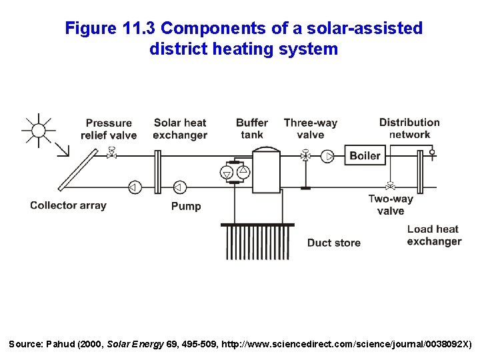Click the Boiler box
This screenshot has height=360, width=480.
(x=365, y=156)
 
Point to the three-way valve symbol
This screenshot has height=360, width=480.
(x=306, y=156)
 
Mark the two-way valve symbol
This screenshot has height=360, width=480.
(x=390, y=185)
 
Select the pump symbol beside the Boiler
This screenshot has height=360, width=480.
(x=327, y=156)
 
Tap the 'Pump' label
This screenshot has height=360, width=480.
(x=186, y=206)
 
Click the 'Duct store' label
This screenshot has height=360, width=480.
(x=334, y=243)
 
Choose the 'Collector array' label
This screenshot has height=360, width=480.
(x=68, y=205)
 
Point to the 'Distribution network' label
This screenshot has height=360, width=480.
(x=409, y=128)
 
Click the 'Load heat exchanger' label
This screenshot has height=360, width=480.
(x=434, y=235)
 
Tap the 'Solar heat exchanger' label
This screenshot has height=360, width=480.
(x=180, y=129)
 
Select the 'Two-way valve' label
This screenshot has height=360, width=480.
(x=391, y=205)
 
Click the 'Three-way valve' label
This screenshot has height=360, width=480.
(x=311, y=128)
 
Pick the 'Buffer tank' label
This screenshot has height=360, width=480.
(x=252, y=128)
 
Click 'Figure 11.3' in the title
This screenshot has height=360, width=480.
(x=110, y=29)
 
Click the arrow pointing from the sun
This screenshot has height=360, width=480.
(x=62, y=148)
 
